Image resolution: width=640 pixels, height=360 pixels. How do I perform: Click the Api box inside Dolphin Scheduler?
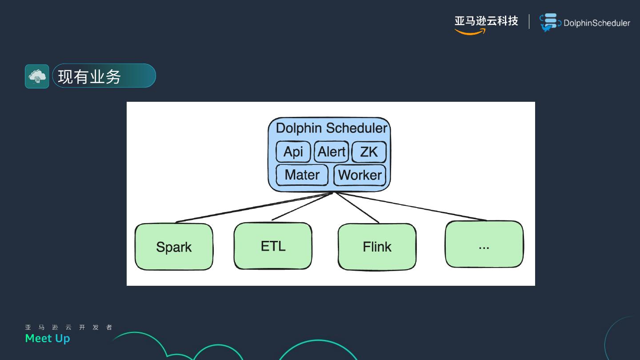(x=293, y=152)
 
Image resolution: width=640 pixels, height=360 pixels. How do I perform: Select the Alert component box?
(x=332, y=152)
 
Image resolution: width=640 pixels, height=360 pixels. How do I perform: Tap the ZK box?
(x=368, y=152)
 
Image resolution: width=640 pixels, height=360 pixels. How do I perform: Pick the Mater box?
(x=302, y=175)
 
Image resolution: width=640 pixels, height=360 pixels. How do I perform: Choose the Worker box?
(x=360, y=175)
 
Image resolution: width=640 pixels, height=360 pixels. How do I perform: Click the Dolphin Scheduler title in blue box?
(x=331, y=128)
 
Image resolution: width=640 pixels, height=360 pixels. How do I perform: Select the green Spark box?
(x=174, y=247)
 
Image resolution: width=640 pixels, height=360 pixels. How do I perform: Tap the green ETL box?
(x=273, y=246)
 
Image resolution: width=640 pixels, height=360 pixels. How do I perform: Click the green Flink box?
(x=377, y=247)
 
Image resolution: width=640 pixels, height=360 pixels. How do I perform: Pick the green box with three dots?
(x=484, y=244)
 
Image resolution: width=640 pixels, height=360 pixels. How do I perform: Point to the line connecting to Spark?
(x=253, y=207)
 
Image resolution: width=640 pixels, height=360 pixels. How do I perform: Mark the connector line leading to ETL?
(x=302, y=207)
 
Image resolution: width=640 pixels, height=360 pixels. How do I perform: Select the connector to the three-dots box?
(x=411, y=206)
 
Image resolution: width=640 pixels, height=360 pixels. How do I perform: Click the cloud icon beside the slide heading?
(x=37, y=76)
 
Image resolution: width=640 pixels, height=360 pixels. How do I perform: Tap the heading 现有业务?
(x=89, y=76)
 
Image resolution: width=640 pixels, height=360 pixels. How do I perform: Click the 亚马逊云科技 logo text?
(x=486, y=21)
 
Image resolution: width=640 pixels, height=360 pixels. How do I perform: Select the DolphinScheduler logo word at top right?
(x=596, y=23)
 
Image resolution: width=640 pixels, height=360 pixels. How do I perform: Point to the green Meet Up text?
(x=48, y=339)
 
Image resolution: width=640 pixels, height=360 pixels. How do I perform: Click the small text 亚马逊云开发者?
(x=69, y=328)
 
